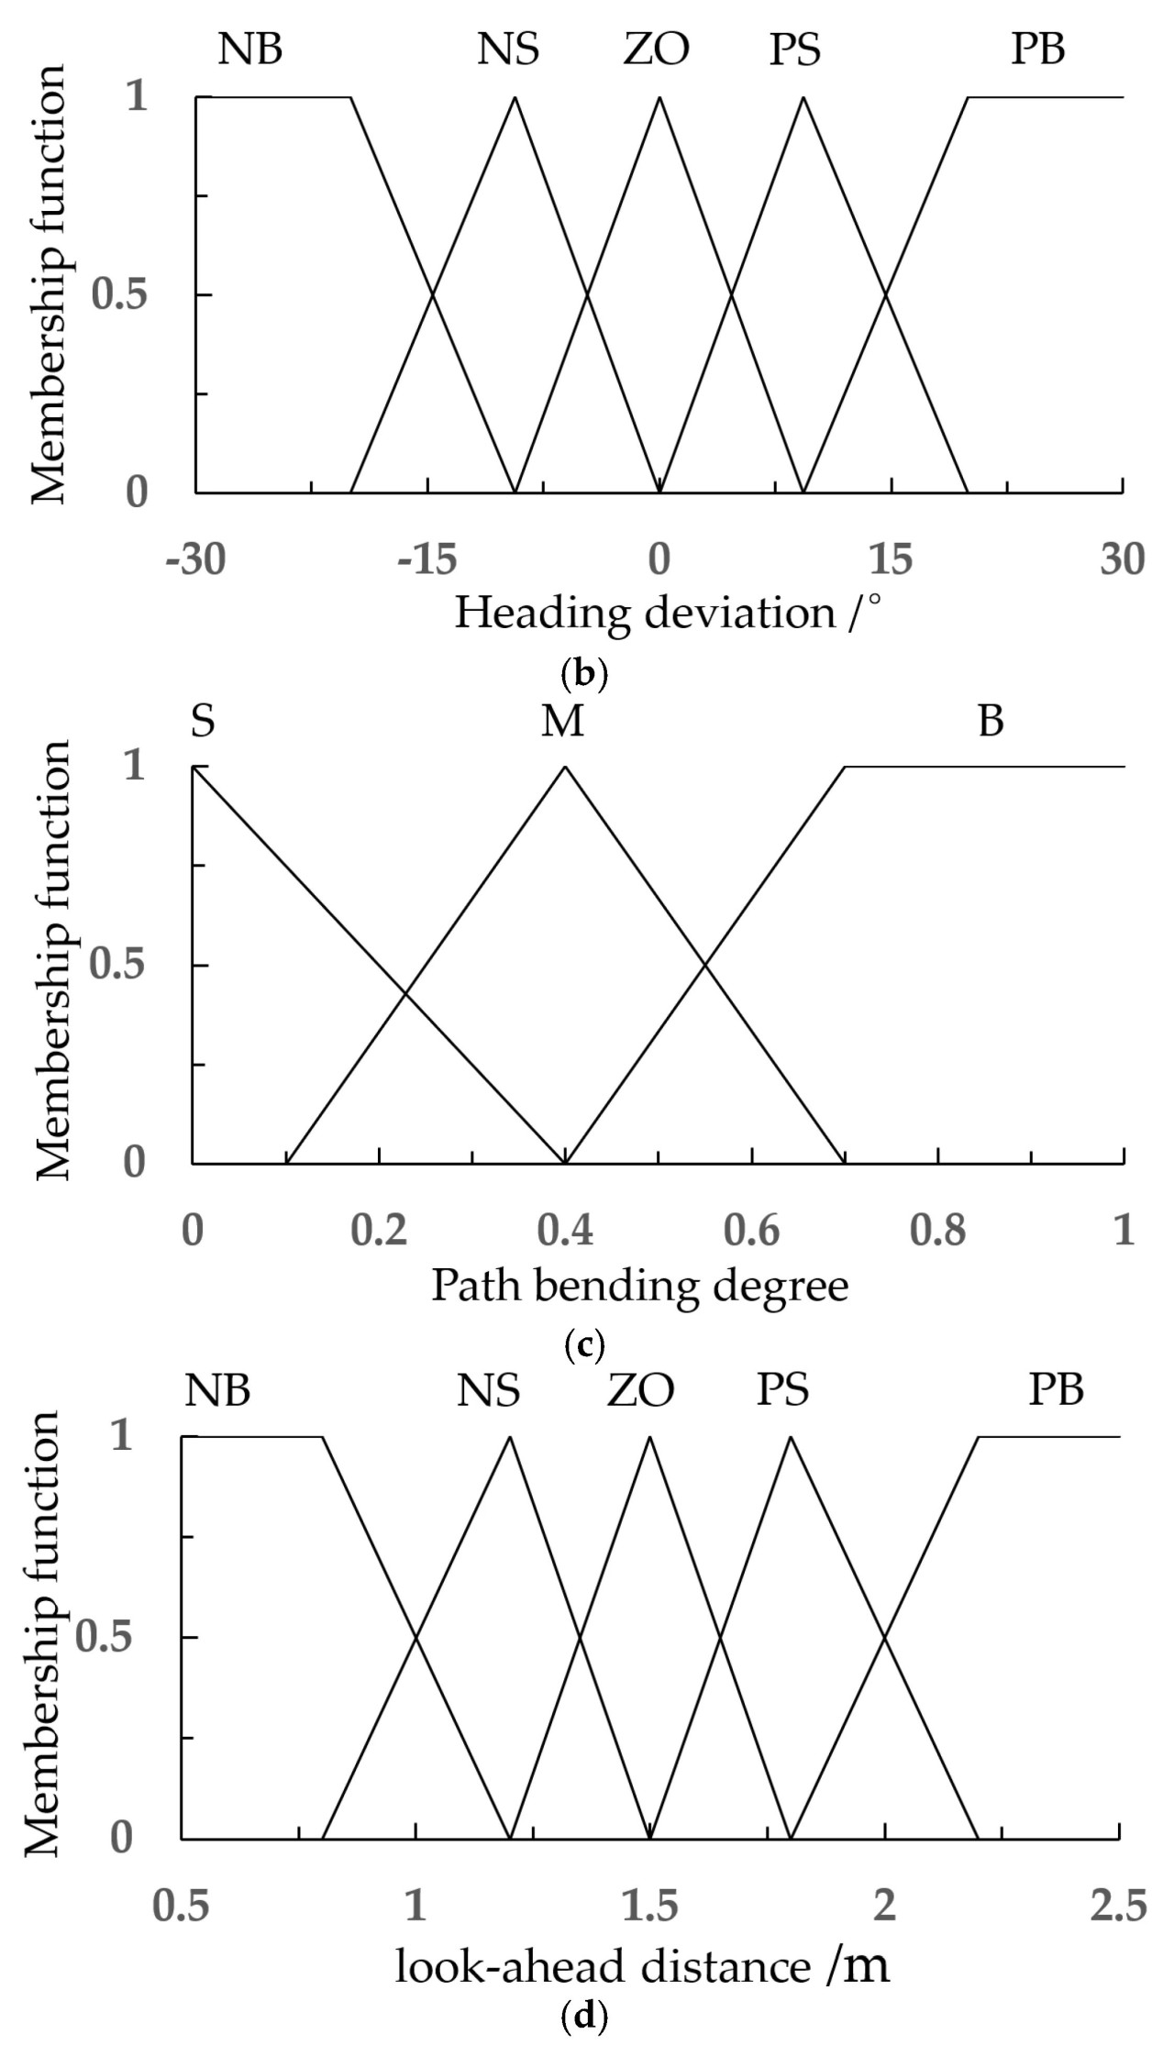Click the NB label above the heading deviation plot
point(249,49)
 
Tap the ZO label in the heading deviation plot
point(656,49)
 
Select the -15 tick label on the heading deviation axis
point(427,559)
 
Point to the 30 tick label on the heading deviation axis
point(1123,559)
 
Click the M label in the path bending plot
point(562,722)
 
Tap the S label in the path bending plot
point(203,722)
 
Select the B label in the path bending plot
point(991,722)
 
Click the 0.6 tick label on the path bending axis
point(752,1231)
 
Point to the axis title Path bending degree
point(640,1286)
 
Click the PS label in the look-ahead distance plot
point(782,1390)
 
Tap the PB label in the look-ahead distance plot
point(1056,1390)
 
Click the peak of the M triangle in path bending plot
point(565,766)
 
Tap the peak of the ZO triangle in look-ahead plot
point(649,1437)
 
